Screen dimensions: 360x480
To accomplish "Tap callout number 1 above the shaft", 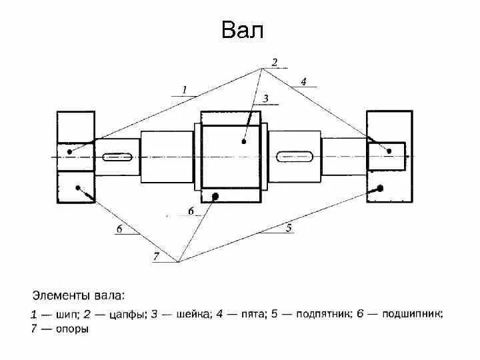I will [x=184, y=89].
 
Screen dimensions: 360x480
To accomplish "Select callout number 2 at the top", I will [x=273, y=62].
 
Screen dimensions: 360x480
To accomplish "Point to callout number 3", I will [x=265, y=98].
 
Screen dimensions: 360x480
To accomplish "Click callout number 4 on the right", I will [x=303, y=81].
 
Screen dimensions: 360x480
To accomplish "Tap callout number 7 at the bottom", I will [x=156, y=257].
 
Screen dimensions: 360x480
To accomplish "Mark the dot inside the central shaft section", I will [x=245, y=141].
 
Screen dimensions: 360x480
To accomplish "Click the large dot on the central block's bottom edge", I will [x=215, y=195].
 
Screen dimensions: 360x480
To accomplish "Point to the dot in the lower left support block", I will [x=79, y=187].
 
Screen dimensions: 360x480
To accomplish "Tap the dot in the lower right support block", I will [x=380, y=189].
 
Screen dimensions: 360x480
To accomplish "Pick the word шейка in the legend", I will [x=182, y=313].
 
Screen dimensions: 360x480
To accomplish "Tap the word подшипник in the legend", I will [x=407, y=313].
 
